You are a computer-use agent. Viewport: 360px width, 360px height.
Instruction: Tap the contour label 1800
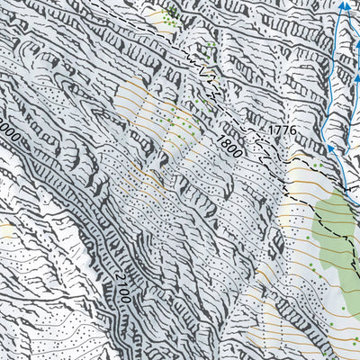click(x=229, y=146)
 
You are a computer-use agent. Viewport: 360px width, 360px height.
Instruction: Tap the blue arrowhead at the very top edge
click(x=345, y=6)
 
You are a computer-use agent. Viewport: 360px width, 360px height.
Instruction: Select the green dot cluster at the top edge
click(x=169, y=13)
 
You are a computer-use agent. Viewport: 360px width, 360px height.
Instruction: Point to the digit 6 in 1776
click(x=292, y=132)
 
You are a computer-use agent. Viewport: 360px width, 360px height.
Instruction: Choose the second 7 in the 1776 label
click(x=285, y=132)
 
